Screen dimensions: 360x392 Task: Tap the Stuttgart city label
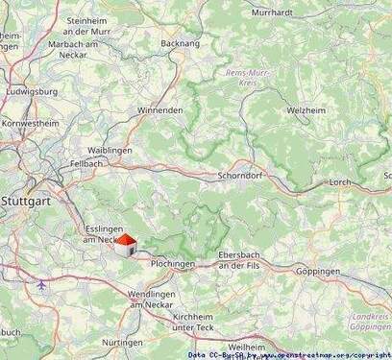coord(28,201)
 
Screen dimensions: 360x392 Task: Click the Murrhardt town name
coord(273,12)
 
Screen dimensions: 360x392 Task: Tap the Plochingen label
coord(173,263)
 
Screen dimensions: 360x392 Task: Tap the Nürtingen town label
coord(123,342)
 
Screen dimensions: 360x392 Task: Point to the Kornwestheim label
coord(31,124)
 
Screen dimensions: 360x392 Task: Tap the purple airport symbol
coord(41,284)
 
